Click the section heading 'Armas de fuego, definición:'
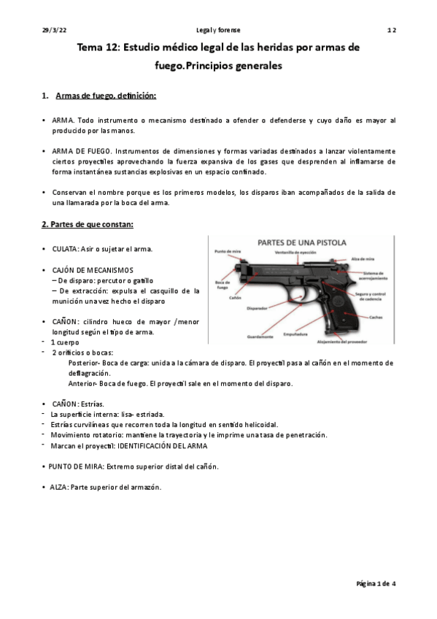106,96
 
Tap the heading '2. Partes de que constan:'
87,223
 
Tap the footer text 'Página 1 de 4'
376,584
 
